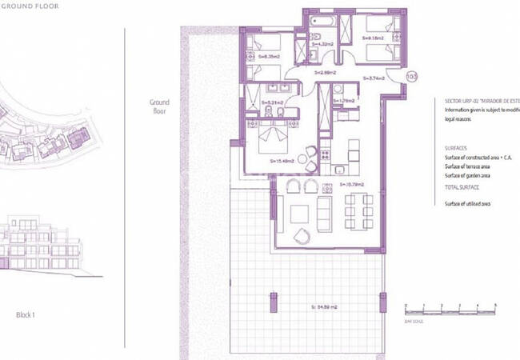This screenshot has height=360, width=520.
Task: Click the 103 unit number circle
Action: point(412,77)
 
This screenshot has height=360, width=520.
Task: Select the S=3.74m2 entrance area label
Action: point(373,78)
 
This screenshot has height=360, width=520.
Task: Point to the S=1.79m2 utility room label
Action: point(344,101)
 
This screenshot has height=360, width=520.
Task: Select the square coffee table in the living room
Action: point(300,214)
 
